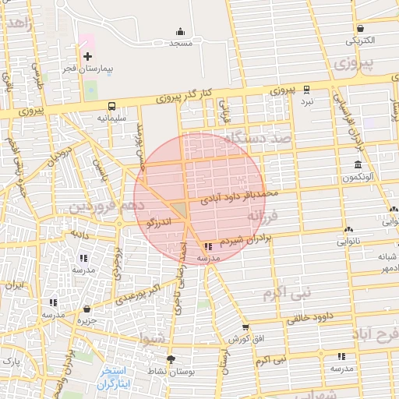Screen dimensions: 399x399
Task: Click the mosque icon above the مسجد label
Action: click(181, 32)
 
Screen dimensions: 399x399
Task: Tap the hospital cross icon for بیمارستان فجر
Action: click(87, 56)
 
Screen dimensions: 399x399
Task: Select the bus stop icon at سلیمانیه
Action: click(111, 106)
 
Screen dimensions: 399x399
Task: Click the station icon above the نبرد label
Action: click(306, 90)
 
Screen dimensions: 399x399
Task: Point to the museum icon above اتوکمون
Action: click(358, 165)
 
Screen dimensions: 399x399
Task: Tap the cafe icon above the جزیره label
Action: click(87, 309)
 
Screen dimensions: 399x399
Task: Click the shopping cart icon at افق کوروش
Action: click(245, 327)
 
